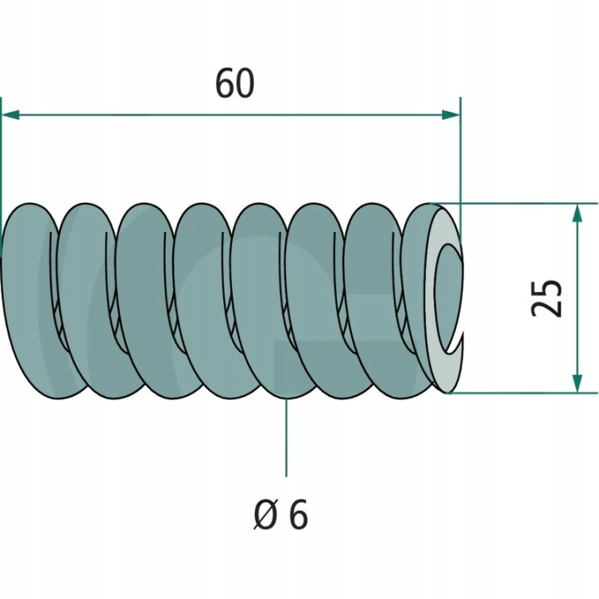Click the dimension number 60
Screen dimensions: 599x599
tap(234, 85)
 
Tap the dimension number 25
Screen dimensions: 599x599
tap(547, 297)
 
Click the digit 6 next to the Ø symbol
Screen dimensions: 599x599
tap(298, 516)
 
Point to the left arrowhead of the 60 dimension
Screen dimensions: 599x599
tap(12, 114)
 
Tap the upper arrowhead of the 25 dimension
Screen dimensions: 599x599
tap(576, 211)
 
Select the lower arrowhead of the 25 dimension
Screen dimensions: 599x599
tap(576, 384)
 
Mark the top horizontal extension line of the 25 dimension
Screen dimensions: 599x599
tap(532, 202)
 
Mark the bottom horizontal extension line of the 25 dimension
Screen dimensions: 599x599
tap(532, 393)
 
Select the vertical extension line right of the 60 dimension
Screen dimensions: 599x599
tap(460, 158)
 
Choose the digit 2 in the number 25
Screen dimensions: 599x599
tap(547, 308)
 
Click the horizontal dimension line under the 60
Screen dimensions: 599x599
tap(233, 114)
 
